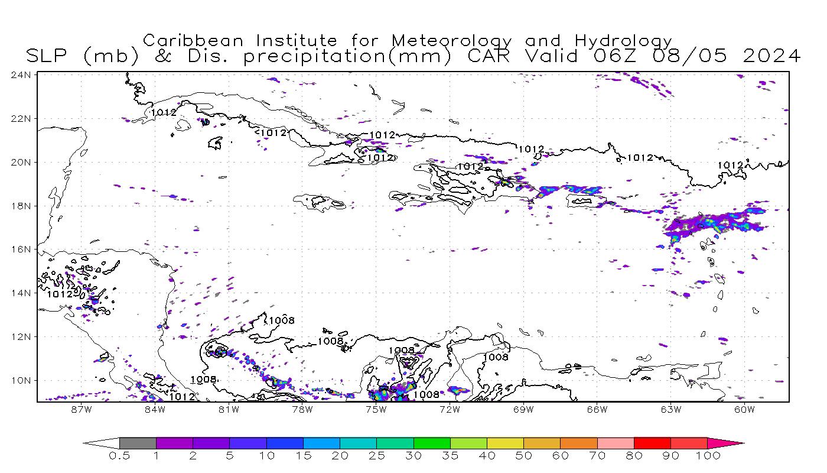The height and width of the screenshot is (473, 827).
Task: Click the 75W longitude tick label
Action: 376,409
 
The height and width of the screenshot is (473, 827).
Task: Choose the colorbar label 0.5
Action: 119,456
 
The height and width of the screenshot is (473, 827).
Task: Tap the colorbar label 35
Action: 450,456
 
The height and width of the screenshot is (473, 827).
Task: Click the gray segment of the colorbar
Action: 138,443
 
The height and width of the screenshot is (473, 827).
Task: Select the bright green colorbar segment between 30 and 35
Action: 432,443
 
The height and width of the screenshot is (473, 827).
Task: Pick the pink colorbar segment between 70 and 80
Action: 616,443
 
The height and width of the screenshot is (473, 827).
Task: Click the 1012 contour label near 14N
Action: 60,294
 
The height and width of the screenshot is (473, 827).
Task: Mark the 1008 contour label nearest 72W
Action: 426,394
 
